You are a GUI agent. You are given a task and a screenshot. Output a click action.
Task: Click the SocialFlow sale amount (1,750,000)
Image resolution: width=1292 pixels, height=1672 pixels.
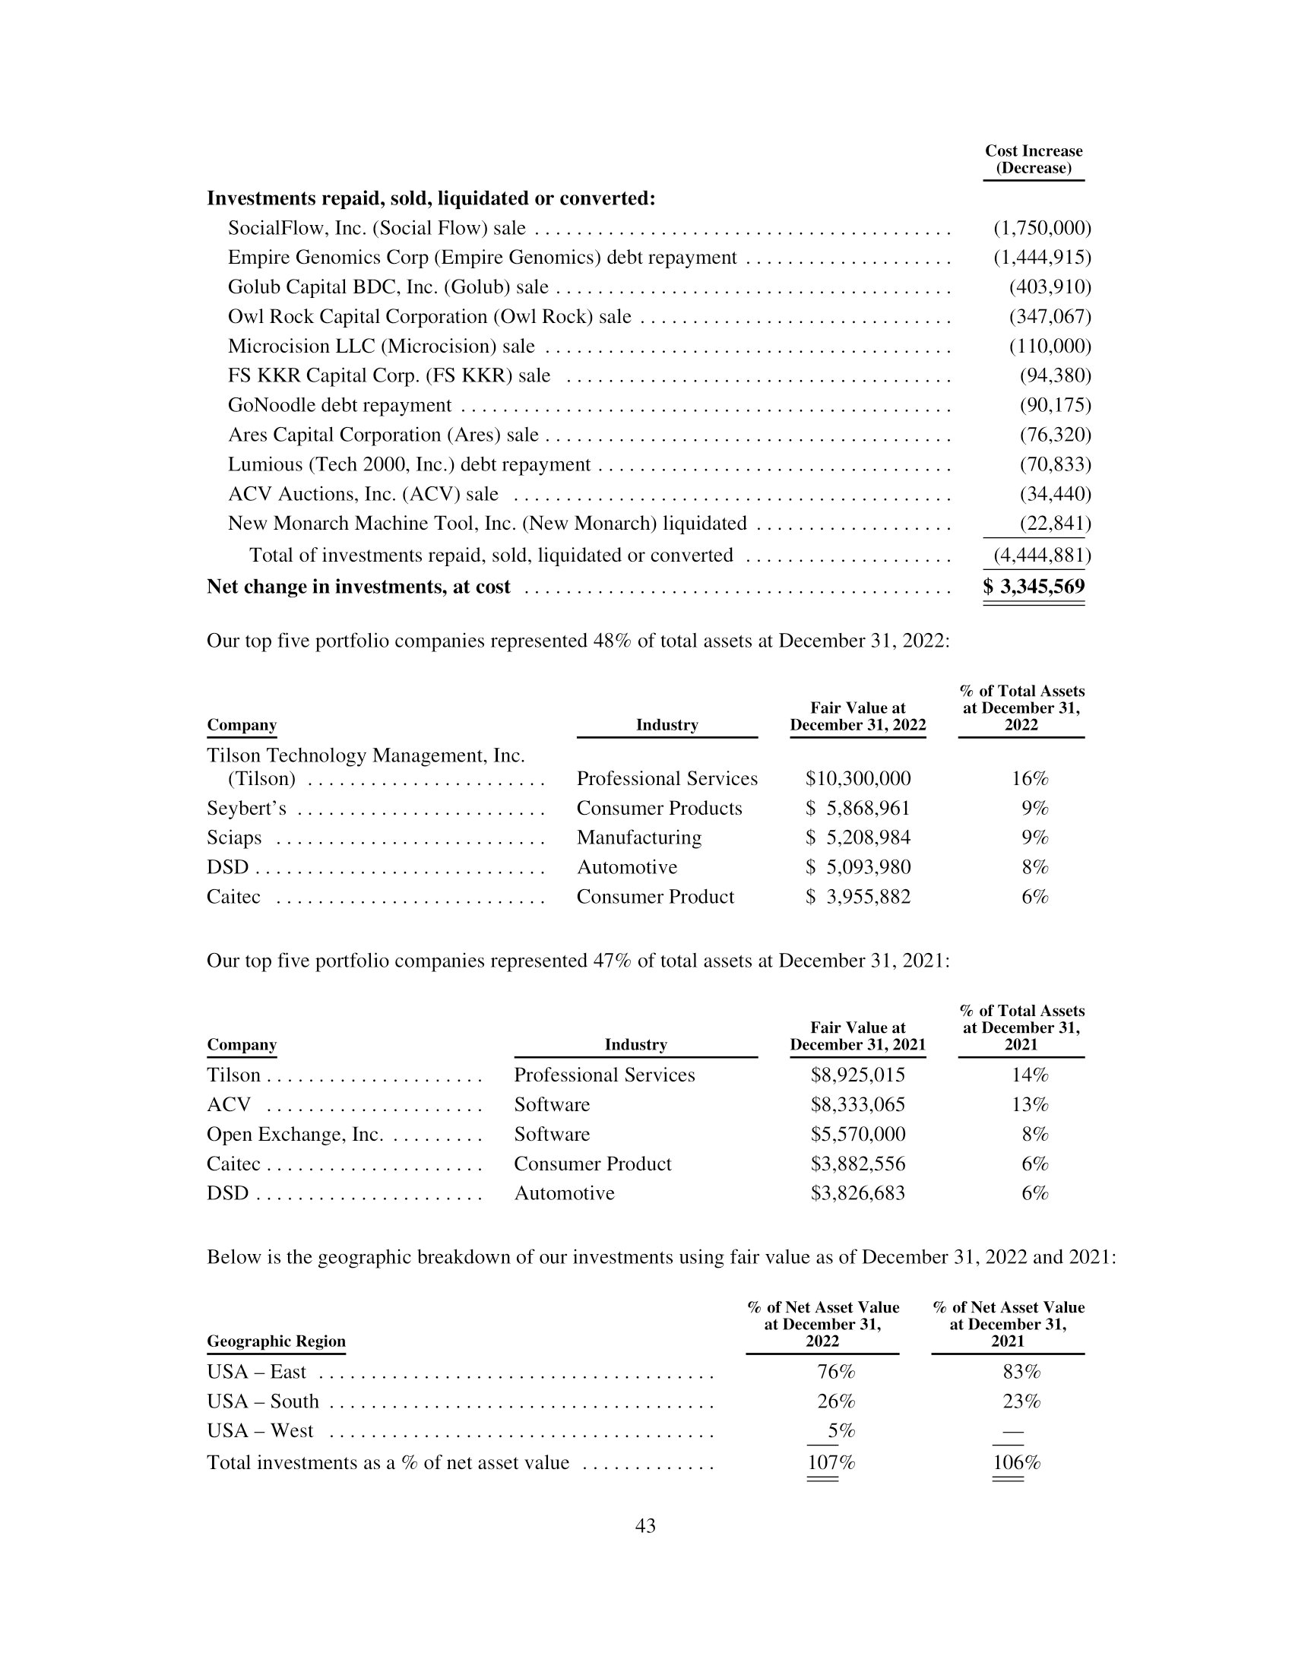(1042, 228)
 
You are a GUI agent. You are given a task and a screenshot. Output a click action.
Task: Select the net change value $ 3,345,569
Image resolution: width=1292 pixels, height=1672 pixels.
(1034, 587)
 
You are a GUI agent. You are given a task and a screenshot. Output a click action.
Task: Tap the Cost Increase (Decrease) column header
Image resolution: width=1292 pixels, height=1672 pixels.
(1034, 160)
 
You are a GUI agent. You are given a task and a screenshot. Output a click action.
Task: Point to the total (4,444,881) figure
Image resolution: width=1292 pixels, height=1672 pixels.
(1042, 555)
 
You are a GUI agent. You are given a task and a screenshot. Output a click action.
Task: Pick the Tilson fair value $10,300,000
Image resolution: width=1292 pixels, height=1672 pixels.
(857, 778)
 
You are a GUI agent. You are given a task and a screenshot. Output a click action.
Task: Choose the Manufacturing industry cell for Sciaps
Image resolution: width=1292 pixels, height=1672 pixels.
(638, 838)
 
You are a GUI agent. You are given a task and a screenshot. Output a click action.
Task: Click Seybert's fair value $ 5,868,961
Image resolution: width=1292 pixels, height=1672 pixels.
(857, 809)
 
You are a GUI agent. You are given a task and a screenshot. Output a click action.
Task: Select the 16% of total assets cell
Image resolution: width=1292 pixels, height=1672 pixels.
(1030, 778)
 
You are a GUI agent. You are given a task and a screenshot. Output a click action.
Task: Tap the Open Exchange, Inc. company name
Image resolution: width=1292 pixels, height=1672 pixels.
(295, 1135)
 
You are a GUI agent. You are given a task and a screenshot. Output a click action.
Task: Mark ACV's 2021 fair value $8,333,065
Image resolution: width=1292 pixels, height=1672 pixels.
(857, 1105)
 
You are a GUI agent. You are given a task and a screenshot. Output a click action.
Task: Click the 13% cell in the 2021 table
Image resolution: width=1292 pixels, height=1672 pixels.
(1030, 1105)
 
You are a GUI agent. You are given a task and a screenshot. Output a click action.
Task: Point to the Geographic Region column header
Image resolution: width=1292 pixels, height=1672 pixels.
(276, 1341)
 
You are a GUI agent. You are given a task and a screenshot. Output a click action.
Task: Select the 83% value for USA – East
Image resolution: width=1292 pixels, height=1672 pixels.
(1021, 1372)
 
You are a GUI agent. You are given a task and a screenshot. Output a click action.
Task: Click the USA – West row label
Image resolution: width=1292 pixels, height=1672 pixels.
(260, 1431)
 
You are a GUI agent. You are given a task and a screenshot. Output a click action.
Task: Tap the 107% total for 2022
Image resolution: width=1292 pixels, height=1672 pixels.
(831, 1463)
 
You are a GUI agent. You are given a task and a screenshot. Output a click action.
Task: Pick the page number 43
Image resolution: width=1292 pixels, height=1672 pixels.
(645, 1526)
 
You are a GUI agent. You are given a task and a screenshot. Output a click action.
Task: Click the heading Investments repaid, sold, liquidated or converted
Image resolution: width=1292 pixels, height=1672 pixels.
(431, 198)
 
